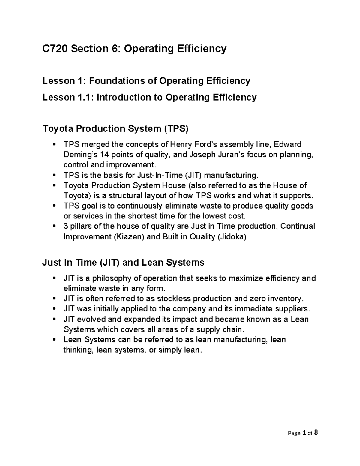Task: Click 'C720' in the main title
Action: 55,48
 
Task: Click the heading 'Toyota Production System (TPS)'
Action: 115,129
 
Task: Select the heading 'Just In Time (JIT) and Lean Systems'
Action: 123,263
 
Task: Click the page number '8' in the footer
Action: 316,433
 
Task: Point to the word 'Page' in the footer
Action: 294,433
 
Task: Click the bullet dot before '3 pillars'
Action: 54,226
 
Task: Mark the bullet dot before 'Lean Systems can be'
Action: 54,340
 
